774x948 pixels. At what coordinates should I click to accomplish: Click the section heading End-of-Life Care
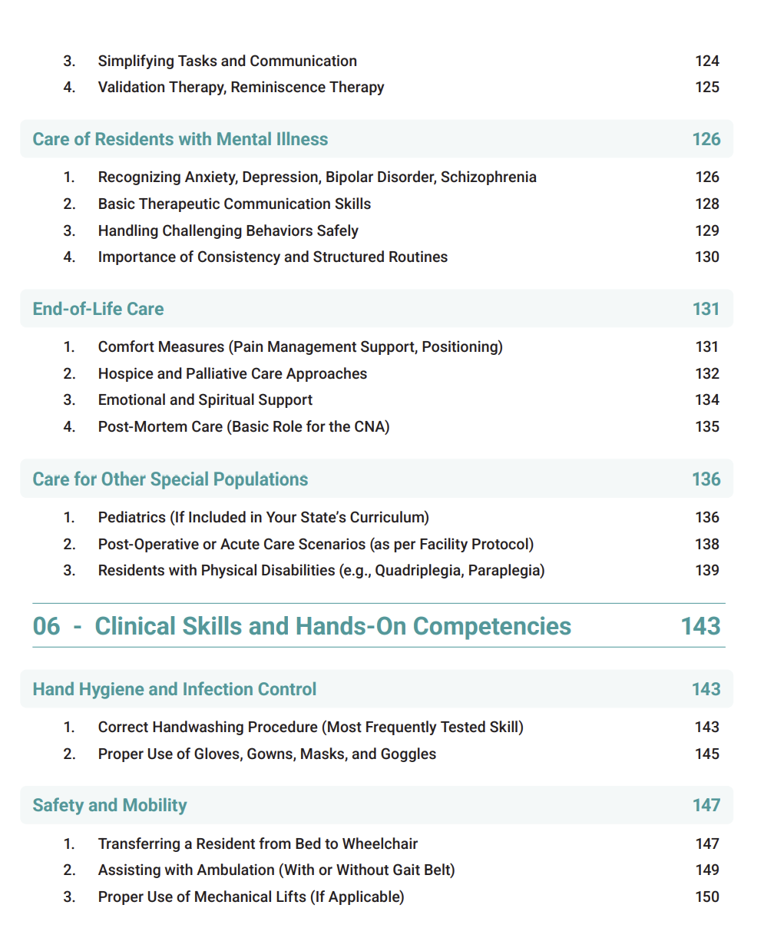click(x=98, y=309)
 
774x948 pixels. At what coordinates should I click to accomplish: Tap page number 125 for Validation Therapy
click(x=706, y=88)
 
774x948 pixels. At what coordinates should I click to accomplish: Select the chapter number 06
click(x=46, y=626)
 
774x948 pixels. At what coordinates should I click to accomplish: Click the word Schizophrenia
click(x=488, y=177)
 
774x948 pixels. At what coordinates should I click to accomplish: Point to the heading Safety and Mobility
click(x=110, y=805)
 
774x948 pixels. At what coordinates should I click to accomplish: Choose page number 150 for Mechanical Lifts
click(x=706, y=897)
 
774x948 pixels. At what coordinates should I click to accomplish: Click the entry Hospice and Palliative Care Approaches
click(x=232, y=373)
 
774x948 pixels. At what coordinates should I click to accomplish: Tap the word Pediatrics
click(x=131, y=517)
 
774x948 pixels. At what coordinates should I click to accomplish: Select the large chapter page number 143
click(x=700, y=626)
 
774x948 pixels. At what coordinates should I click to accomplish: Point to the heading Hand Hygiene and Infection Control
click(x=174, y=689)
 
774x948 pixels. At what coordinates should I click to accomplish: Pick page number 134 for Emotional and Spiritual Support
click(x=706, y=399)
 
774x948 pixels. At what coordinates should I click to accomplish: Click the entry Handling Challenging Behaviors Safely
click(x=228, y=230)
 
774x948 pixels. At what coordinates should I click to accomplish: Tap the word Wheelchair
click(x=379, y=844)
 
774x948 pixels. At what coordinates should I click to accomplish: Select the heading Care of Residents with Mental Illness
click(x=180, y=139)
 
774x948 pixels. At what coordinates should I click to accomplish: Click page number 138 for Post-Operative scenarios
click(x=706, y=544)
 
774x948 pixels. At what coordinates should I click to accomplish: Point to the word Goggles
click(x=408, y=754)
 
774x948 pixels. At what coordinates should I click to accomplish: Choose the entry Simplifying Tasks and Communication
click(x=227, y=61)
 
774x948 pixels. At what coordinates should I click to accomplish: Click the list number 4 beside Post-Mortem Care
click(x=69, y=426)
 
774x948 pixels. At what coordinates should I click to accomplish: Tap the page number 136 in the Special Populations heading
click(x=706, y=479)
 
